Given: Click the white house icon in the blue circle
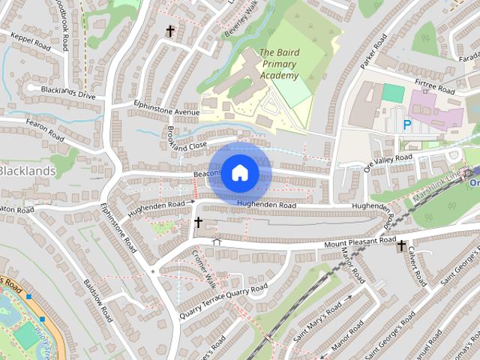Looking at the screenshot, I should coord(239,172).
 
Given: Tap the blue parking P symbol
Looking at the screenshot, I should coord(407,125).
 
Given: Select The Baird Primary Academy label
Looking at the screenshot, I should coord(278,64).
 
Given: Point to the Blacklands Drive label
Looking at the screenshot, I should coord(68,92).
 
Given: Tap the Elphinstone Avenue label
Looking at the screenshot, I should coord(167,108).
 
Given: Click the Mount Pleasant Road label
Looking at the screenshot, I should coord(359,241).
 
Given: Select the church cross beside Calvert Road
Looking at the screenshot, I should coord(401,245).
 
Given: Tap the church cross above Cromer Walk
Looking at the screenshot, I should coord(198,222).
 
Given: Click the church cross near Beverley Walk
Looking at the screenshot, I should coord(170,31).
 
